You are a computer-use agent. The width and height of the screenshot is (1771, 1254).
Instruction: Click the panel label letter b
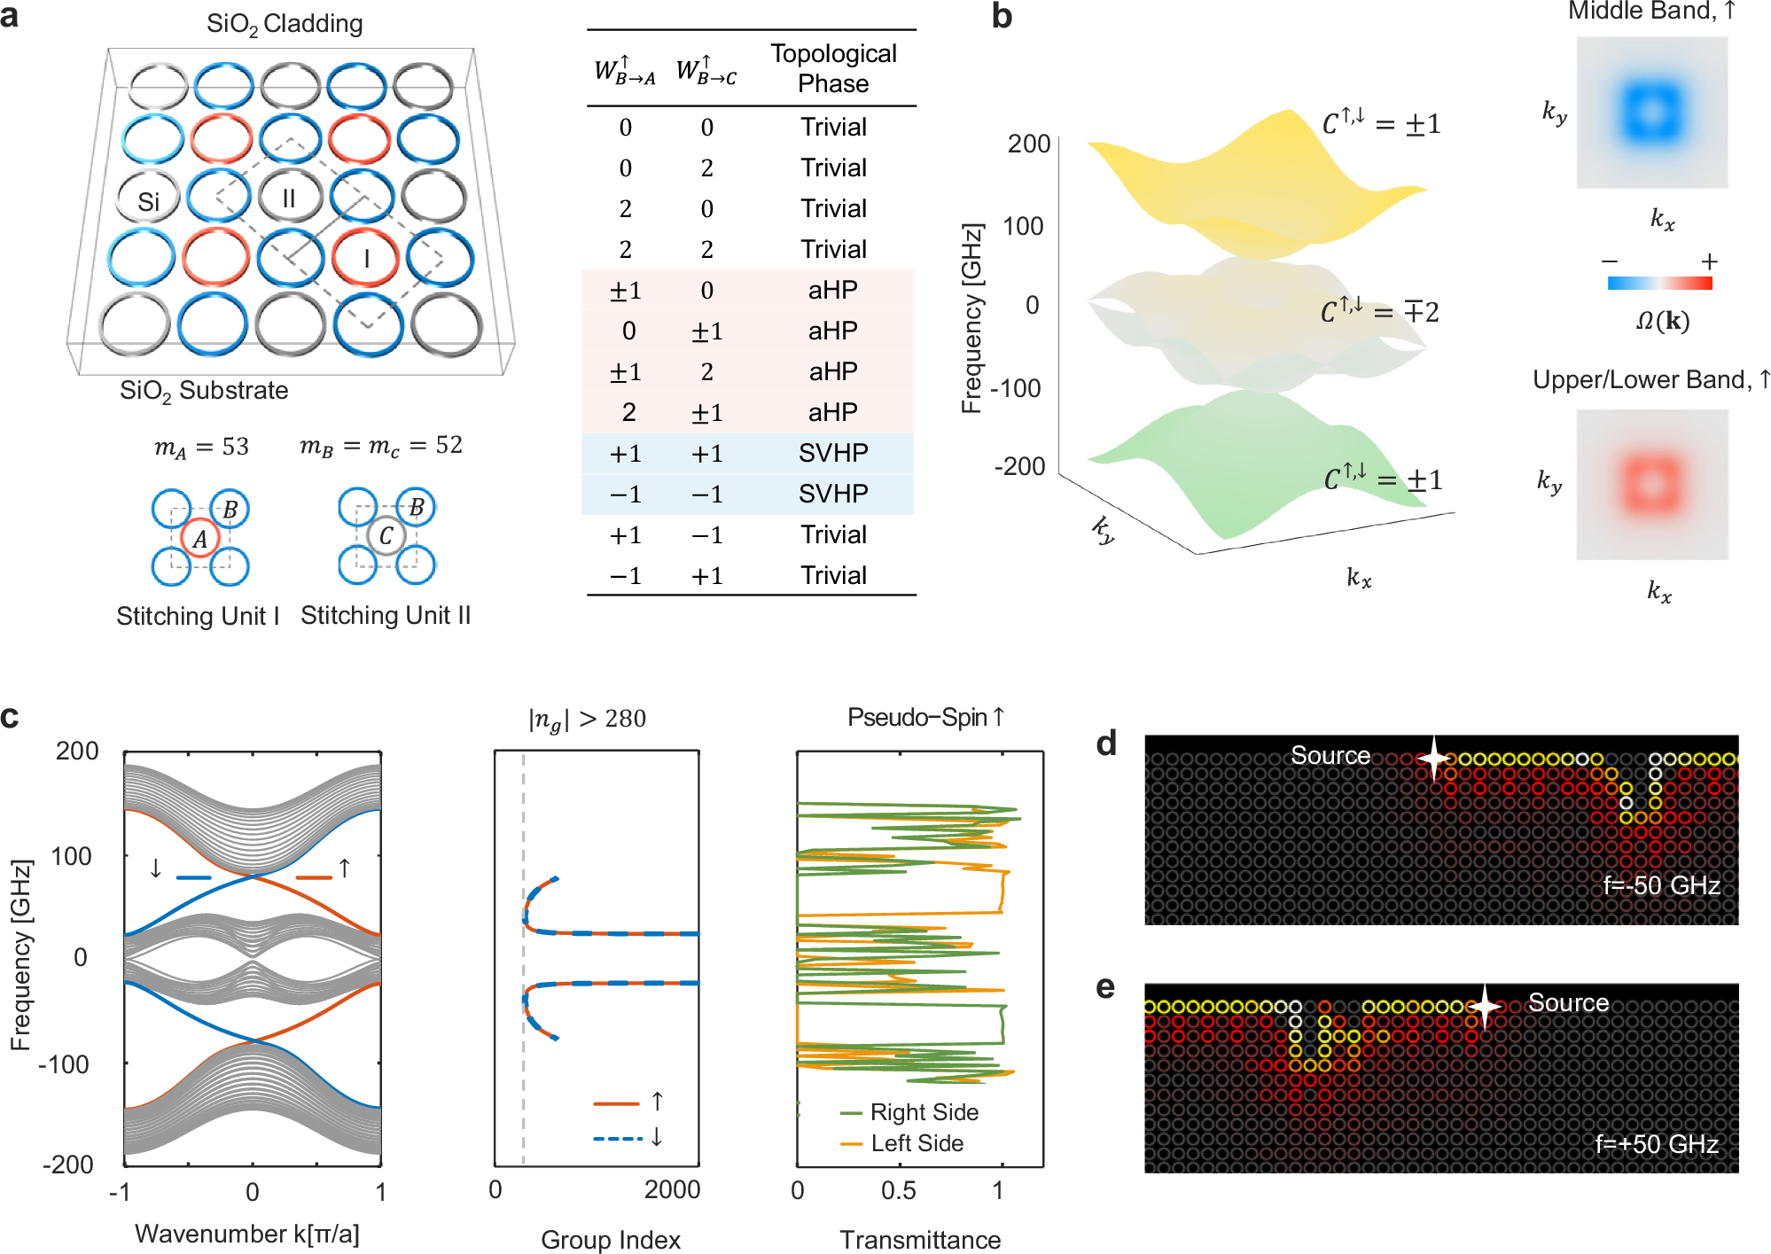point(1002,17)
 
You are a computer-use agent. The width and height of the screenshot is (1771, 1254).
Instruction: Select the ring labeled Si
point(148,201)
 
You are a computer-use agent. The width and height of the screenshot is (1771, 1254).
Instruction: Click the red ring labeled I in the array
point(365,258)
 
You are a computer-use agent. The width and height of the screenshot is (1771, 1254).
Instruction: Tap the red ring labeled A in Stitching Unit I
point(200,538)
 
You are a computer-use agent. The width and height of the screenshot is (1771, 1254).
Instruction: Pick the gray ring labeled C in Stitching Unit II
point(386,535)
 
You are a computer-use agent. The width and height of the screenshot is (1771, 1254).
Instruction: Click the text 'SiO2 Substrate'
point(204,391)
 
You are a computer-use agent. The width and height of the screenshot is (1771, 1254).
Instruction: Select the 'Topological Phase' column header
point(832,68)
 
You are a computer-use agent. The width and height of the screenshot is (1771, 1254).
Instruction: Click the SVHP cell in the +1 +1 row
point(832,454)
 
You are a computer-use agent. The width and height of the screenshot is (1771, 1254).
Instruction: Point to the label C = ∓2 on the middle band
point(1379,312)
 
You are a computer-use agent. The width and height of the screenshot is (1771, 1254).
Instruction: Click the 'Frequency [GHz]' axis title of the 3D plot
point(972,319)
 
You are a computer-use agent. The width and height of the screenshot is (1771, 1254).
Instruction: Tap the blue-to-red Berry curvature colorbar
point(1659,284)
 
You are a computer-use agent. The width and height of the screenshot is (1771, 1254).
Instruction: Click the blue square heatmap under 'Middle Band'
point(1651,113)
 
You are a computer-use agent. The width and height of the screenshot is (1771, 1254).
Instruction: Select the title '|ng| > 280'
point(588,719)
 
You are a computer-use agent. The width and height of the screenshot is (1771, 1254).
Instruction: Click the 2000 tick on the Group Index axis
point(671,1189)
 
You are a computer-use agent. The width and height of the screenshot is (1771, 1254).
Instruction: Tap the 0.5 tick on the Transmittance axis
point(898,1190)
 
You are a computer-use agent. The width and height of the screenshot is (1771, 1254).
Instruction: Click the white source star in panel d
point(1433,758)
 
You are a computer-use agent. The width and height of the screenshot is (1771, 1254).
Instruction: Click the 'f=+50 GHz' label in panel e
point(1656,1144)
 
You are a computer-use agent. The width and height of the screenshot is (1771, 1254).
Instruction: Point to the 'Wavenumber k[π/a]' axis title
point(247,1234)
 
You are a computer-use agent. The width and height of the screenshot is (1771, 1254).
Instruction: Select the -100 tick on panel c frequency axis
point(65,1063)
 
